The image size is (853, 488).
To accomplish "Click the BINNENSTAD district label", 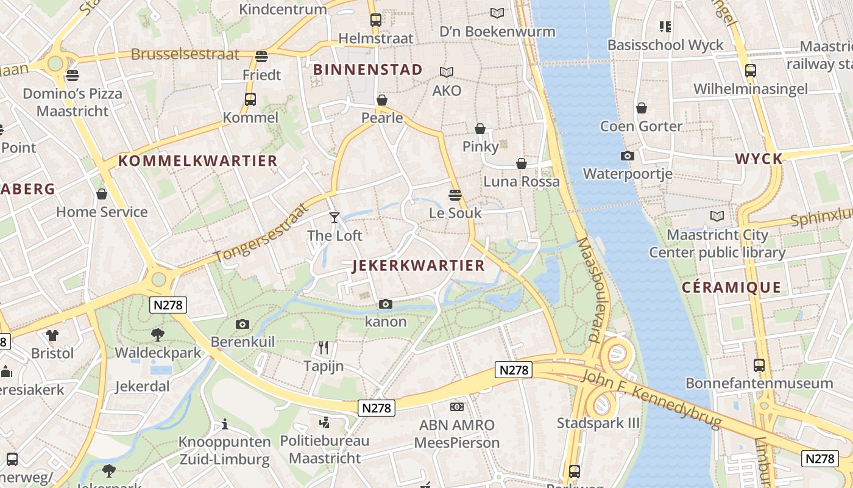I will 367,70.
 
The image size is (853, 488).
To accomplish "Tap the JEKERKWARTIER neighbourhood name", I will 419,265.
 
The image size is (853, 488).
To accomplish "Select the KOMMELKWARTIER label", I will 197,161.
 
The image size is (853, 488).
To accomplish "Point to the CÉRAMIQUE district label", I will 731,287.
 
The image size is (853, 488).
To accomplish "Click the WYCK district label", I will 759,159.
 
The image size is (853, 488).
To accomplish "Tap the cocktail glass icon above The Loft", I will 334,217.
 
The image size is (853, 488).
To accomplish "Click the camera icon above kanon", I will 385,304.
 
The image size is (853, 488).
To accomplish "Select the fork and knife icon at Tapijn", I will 324,348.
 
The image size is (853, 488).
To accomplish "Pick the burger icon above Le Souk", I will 455,195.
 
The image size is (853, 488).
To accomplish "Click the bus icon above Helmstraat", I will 375,20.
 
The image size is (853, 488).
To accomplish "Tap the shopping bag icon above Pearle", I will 382,99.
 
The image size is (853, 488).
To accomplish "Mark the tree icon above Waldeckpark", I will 158,334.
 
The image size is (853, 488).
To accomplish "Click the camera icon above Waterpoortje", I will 627,156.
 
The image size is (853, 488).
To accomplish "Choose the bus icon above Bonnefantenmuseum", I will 759,365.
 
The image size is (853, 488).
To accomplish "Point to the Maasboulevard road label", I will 589,290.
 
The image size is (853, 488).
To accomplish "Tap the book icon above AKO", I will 447,72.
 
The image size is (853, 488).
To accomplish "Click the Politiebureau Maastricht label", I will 324,449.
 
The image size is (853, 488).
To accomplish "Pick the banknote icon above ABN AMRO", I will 457,407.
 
